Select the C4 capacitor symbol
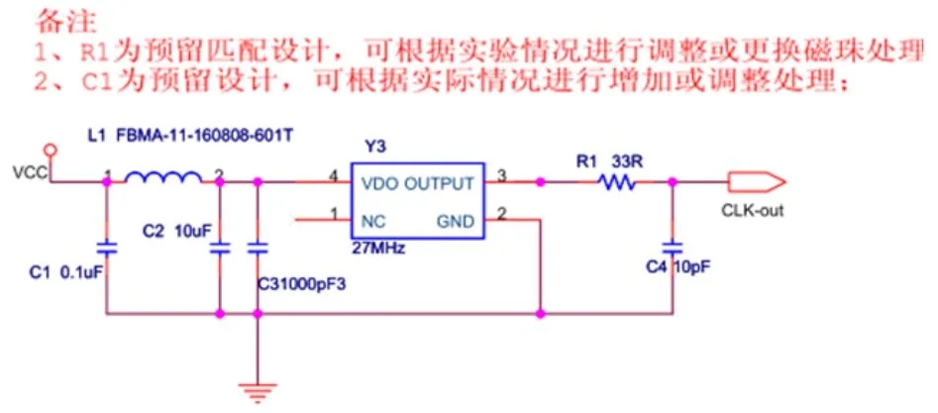coord(673,244)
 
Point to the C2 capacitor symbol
coord(219,248)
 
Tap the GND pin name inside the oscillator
coord(455,220)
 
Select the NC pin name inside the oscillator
coord(374,220)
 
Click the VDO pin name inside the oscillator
coord(379,184)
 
